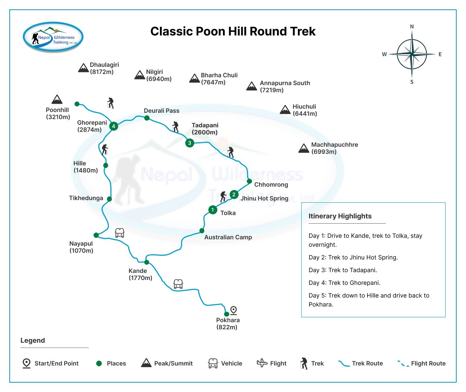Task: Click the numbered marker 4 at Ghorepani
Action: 114,126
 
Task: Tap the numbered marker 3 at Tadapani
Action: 190,143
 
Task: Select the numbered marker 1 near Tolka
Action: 212,210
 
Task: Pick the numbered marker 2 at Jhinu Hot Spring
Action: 234,194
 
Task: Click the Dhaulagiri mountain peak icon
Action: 83,68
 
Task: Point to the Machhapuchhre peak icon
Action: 304,149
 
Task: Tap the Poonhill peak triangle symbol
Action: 57,99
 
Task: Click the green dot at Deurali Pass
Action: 147,118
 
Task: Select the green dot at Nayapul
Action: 96,235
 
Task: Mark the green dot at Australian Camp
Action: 202,231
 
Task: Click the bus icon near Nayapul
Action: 120,233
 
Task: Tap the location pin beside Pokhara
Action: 233,310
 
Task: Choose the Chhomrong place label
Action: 271,184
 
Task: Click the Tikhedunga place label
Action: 86,198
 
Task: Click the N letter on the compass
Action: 412,27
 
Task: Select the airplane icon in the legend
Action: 262,363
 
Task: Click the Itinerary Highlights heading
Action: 340,216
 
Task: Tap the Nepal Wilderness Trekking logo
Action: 53,37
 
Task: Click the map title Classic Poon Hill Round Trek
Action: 233,31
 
